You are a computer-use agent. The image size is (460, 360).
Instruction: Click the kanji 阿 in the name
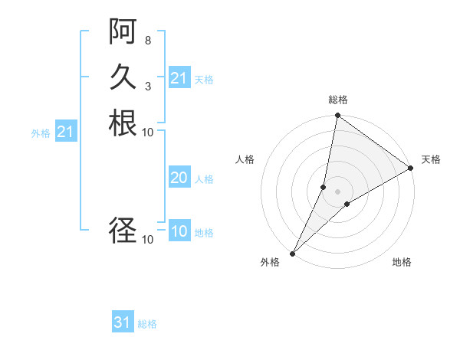[x=123, y=33]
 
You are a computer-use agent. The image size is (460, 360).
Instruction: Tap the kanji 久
[x=123, y=77]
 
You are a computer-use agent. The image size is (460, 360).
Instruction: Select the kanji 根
[x=123, y=123]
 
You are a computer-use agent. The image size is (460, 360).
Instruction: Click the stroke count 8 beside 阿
[x=147, y=41]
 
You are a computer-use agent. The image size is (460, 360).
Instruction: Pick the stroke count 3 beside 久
[x=147, y=86]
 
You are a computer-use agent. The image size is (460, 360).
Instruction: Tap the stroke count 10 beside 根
[x=148, y=132]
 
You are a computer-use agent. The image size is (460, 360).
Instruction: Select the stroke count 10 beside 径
[x=148, y=240]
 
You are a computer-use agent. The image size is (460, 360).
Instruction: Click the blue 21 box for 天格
[x=179, y=78]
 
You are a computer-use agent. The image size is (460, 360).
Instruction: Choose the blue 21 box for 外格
[x=66, y=132]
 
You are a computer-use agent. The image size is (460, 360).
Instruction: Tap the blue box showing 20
[x=179, y=178]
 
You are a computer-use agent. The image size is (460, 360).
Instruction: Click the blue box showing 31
[x=123, y=322]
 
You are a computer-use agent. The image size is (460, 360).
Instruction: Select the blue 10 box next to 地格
[x=179, y=232]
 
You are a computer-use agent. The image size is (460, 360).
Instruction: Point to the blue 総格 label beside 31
[x=148, y=324]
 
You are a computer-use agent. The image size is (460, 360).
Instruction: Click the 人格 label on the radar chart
[x=245, y=159]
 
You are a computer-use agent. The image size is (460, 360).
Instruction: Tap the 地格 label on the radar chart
[x=402, y=262]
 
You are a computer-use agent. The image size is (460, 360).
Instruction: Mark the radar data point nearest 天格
[x=411, y=169]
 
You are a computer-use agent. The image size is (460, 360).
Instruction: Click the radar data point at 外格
[x=293, y=253]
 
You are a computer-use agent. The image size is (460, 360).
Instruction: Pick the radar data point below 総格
[x=337, y=116]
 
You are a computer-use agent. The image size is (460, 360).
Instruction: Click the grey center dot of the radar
[x=337, y=191]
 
